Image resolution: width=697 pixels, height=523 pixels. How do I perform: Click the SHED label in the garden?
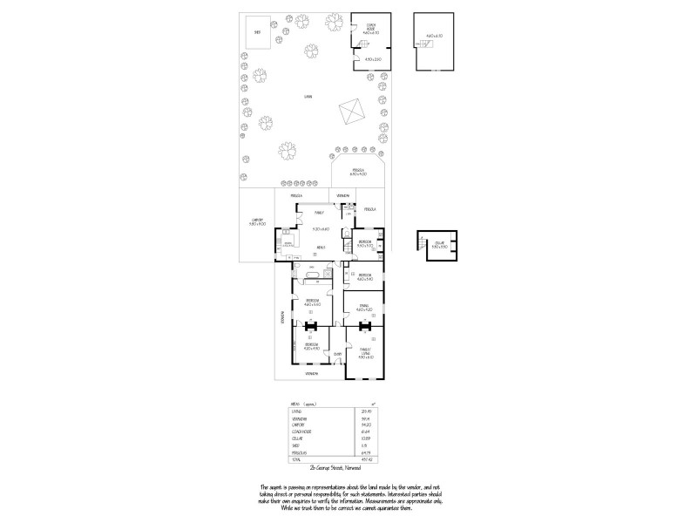click(x=257, y=31)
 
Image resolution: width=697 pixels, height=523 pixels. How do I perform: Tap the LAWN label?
click(x=308, y=96)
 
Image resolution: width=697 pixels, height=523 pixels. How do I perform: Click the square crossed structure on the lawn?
click(x=351, y=112)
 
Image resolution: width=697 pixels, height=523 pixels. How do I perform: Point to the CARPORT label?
click(x=257, y=221)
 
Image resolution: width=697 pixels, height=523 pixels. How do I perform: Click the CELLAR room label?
click(x=437, y=244)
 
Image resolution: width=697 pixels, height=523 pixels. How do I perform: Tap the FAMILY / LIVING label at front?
click(x=364, y=352)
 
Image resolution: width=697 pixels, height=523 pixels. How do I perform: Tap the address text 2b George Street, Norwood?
click(x=348, y=468)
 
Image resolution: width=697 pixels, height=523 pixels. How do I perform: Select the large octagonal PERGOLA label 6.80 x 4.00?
click(x=358, y=172)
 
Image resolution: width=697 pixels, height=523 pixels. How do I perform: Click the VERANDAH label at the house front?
click(x=311, y=373)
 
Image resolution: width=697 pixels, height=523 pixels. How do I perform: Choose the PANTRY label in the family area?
click(x=320, y=212)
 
